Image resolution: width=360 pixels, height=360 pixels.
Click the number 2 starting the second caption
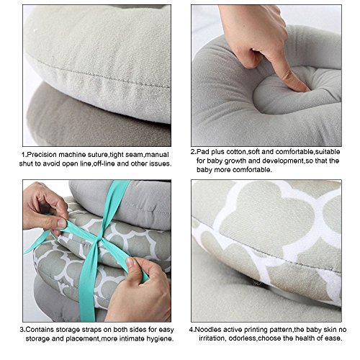[193, 152]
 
